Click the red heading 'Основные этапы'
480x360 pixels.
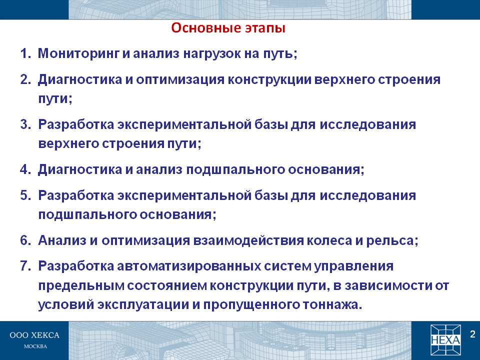228,28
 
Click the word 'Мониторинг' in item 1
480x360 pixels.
78,54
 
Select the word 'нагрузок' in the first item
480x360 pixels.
211,54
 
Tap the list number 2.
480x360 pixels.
25,79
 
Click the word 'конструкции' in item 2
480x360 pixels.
269,79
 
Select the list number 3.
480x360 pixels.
25,124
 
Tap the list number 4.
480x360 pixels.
25,169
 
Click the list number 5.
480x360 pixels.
25,195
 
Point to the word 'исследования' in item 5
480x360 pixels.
368,195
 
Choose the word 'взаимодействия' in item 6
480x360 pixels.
248,240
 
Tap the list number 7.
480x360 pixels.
25,266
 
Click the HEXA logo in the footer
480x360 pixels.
445,339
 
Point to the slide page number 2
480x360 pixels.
472,334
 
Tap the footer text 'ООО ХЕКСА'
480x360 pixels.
34,335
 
